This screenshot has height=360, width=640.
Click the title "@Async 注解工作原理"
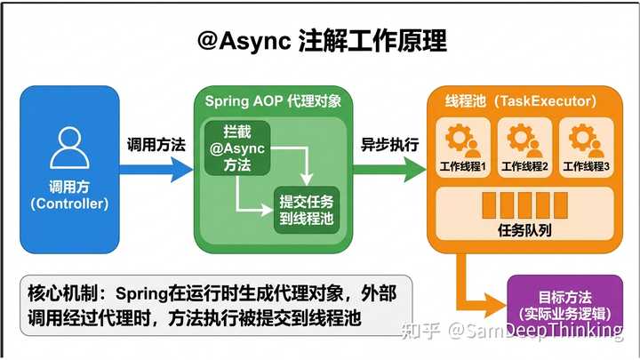pyautogui.click(x=322, y=41)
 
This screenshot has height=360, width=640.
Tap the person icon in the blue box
pyautogui.click(x=69, y=148)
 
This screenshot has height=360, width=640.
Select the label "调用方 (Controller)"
pyautogui.click(x=69, y=195)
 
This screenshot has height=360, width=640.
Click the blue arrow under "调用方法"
pyautogui.click(x=156, y=169)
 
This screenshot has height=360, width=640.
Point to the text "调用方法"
pyautogui.click(x=156, y=145)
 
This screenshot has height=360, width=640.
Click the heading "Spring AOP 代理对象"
pyautogui.click(x=273, y=100)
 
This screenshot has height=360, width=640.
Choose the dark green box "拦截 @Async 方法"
pyautogui.click(x=237, y=148)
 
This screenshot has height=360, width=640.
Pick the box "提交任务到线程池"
pyautogui.click(x=307, y=210)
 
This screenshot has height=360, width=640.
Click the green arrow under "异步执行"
pyautogui.click(x=390, y=169)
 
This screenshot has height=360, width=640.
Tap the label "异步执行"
pyautogui.click(x=390, y=145)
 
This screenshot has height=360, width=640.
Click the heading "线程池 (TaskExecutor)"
pyautogui.click(x=520, y=100)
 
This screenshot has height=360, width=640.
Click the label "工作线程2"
pyautogui.click(x=524, y=166)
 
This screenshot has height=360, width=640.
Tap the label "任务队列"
pyautogui.click(x=524, y=230)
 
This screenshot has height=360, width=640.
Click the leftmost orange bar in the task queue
pyautogui.click(x=489, y=205)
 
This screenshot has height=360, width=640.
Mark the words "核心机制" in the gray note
pyautogui.click(x=62, y=293)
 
